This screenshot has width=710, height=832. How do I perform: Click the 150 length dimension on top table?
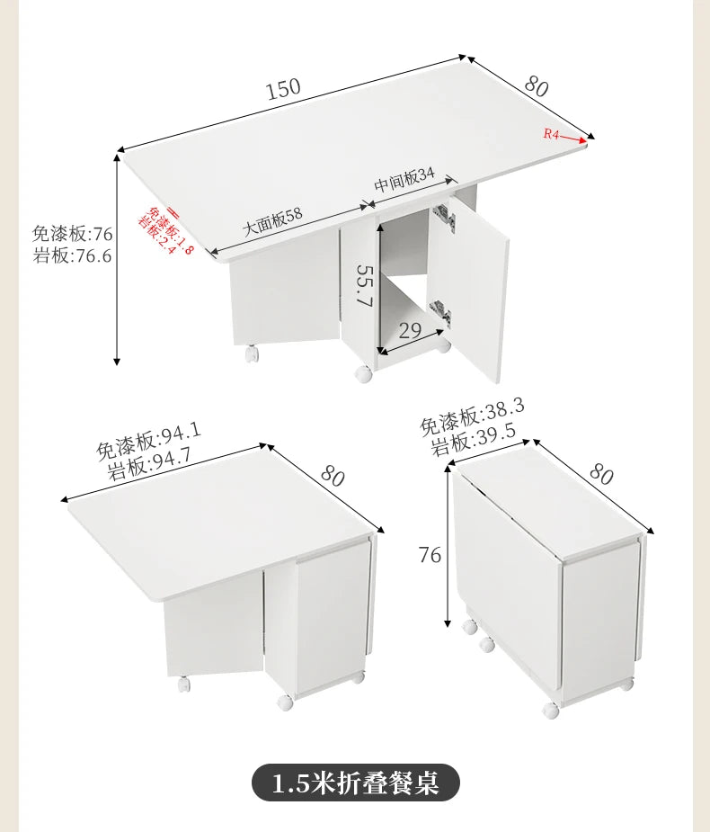tap(283, 88)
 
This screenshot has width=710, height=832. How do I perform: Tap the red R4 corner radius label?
tap(551, 134)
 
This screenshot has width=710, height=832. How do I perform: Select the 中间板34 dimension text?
tap(404, 181)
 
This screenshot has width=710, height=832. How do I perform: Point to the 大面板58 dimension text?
tap(273, 221)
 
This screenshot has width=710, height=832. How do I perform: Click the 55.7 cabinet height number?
tap(363, 286)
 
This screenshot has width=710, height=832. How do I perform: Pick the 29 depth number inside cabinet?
tap(410, 330)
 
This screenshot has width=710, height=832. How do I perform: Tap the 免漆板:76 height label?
tap(72, 234)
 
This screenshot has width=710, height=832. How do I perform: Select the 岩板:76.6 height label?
tap(72, 256)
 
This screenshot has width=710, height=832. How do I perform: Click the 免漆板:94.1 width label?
tap(148, 438)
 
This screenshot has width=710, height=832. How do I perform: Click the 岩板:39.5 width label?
tap(473, 437)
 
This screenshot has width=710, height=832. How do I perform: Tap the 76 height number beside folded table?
tap(430, 555)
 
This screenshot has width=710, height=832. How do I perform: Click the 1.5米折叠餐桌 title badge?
tap(355, 782)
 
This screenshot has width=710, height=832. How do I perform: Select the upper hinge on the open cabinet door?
tap(442, 213)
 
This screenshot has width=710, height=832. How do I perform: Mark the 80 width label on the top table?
tap(536, 86)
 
